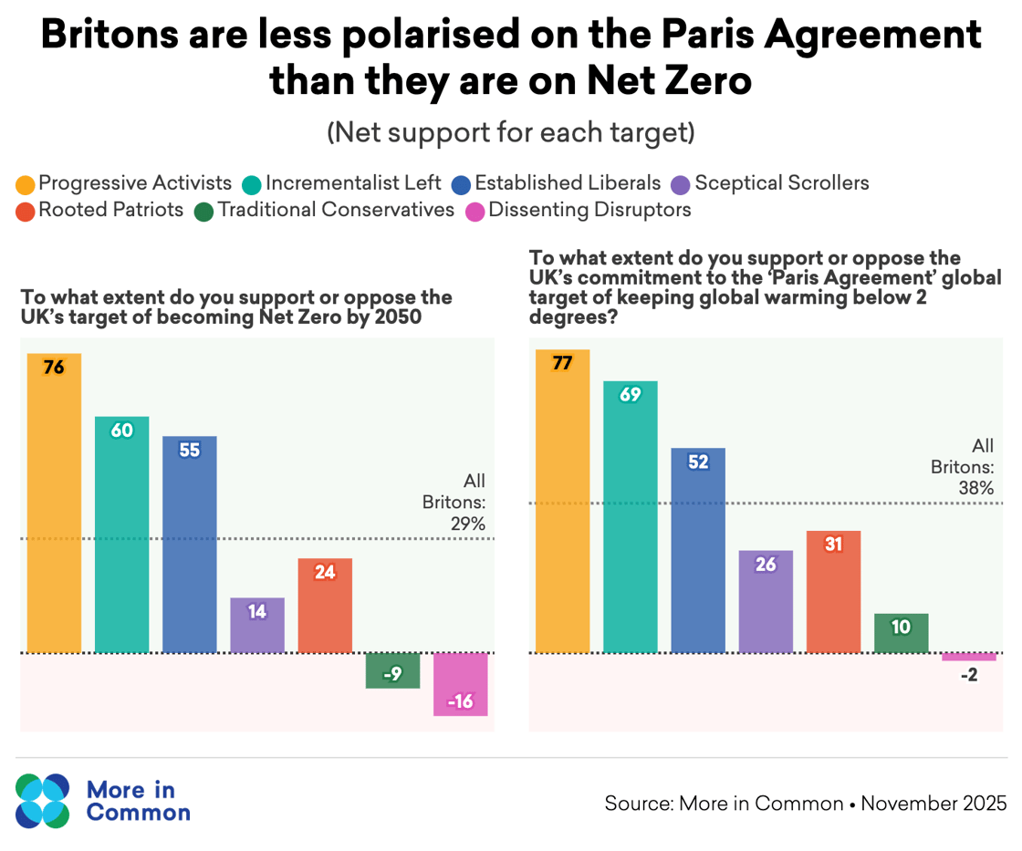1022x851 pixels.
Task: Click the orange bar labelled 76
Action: coord(54,503)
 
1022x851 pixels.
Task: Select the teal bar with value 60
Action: coord(121,534)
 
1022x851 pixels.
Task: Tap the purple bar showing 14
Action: coord(257,625)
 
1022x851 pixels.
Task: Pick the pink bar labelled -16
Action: coord(460,684)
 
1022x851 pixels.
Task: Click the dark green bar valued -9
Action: coord(392,670)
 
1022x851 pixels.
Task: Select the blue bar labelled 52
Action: coord(698,550)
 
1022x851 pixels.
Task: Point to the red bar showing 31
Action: coord(833,591)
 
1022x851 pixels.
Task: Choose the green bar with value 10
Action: coord(901,633)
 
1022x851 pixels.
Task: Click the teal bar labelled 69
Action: coord(631,516)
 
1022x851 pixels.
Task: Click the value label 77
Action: coord(562,363)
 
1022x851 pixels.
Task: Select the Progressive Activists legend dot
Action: coord(26,184)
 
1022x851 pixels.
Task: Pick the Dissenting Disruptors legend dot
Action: coord(475,211)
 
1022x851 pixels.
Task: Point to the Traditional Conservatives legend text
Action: coord(336,210)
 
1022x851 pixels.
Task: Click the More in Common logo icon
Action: coord(42,801)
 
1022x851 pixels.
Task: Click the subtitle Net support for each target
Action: coord(511,133)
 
